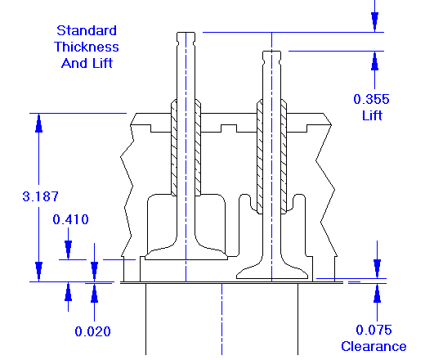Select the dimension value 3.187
point(39,196)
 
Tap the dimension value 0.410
point(70,219)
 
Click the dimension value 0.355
point(372,99)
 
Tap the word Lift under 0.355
point(372,115)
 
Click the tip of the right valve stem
point(271,56)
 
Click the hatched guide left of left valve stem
point(173,147)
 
